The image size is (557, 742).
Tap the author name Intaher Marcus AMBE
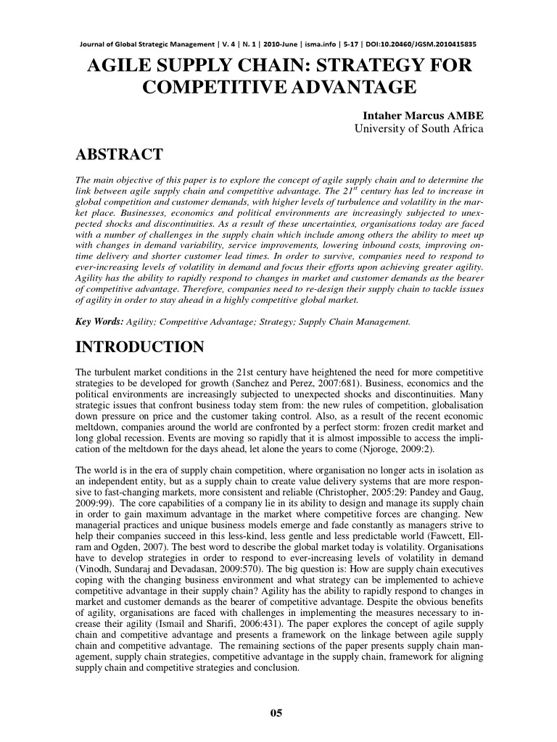tap(422, 116)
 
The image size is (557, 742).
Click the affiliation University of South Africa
tap(418, 129)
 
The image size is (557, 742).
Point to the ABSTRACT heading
tap(119, 154)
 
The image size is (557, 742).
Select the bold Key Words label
tap(100, 320)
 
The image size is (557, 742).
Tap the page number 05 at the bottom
tap(276, 713)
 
